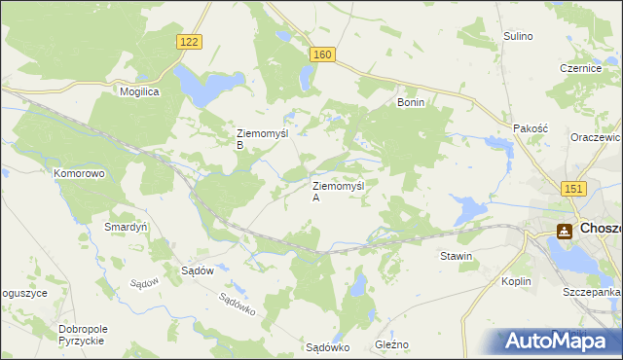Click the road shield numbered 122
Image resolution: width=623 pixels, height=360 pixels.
(190, 41)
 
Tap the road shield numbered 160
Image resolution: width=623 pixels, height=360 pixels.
(324, 55)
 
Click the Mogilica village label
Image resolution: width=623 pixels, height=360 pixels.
(139, 90)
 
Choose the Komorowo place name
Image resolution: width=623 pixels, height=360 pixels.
(79, 173)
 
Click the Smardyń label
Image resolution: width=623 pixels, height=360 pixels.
(126, 227)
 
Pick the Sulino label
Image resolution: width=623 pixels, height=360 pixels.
(518, 36)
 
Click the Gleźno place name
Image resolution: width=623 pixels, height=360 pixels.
(392, 344)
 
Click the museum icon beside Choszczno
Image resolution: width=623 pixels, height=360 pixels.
(564, 231)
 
